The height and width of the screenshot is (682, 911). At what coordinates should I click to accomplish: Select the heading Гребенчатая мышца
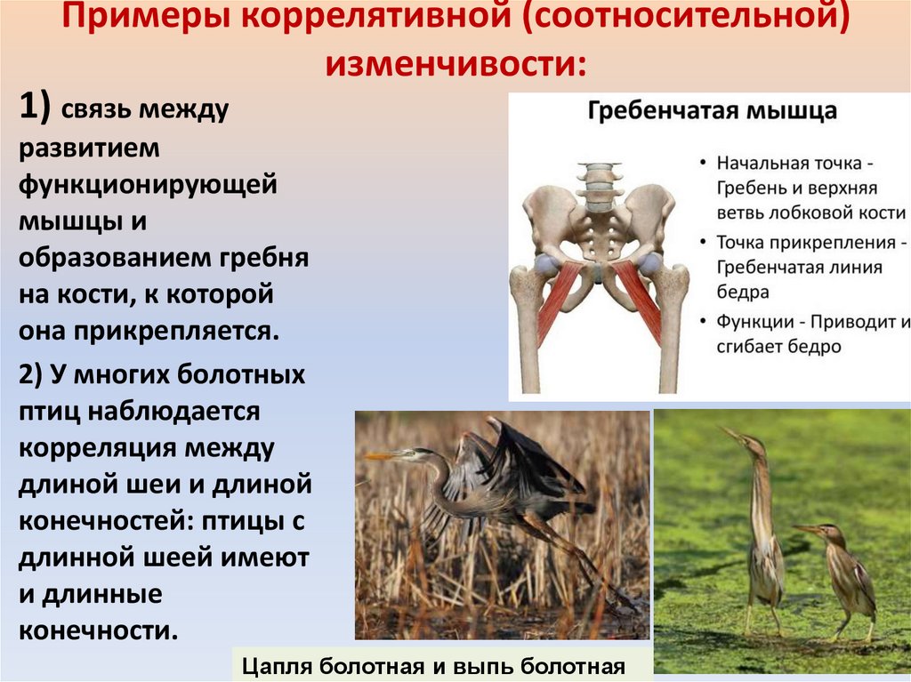tap(710, 113)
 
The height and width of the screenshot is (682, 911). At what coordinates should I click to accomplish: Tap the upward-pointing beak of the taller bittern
tap(732, 436)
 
